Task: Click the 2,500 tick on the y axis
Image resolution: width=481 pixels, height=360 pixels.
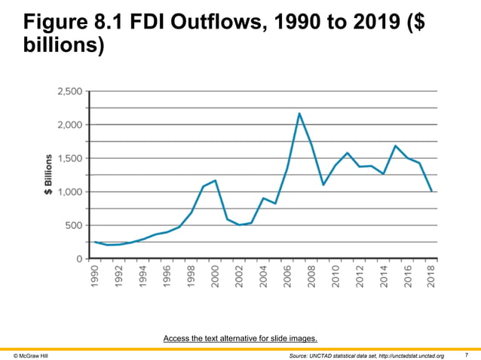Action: pos(70,91)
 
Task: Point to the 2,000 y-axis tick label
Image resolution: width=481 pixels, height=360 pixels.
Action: pos(70,125)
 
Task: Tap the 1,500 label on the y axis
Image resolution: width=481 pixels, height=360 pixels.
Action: pos(70,158)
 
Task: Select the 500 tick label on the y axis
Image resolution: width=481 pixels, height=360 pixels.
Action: pos(74,225)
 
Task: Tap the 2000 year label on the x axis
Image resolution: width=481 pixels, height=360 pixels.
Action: pos(215,278)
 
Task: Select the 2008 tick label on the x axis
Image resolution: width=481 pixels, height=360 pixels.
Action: pos(311,278)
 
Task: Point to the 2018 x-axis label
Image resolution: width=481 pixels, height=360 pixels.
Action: pos(431,278)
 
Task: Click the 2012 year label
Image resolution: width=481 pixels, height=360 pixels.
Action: pos(360,278)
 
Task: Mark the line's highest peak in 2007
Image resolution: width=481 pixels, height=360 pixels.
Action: pos(299,114)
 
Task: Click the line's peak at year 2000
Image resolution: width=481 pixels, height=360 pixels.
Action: pos(216,181)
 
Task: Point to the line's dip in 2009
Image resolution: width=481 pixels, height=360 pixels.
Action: pos(323,185)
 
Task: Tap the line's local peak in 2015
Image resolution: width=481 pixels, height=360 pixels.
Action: pos(396,146)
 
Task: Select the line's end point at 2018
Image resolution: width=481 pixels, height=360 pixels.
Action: pos(431,191)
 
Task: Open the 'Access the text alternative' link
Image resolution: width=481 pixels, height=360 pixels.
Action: pos(240,338)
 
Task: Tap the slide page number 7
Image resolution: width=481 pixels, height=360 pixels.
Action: pos(467,355)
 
